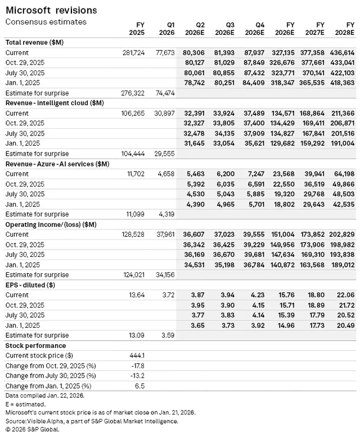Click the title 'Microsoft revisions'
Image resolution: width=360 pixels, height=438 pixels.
pyautogui.click(x=51, y=10)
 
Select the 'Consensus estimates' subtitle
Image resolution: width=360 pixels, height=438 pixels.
pyautogui.click(x=46, y=22)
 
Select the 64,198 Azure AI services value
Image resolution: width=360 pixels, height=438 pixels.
pyautogui.click(x=344, y=174)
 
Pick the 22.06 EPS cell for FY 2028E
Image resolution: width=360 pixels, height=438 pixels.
pyautogui.click(x=346, y=295)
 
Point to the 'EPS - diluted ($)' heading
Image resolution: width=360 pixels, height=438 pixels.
pyautogui.click(x=30, y=285)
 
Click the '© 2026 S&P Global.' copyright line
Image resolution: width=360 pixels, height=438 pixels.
pyautogui.click(x=32, y=429)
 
